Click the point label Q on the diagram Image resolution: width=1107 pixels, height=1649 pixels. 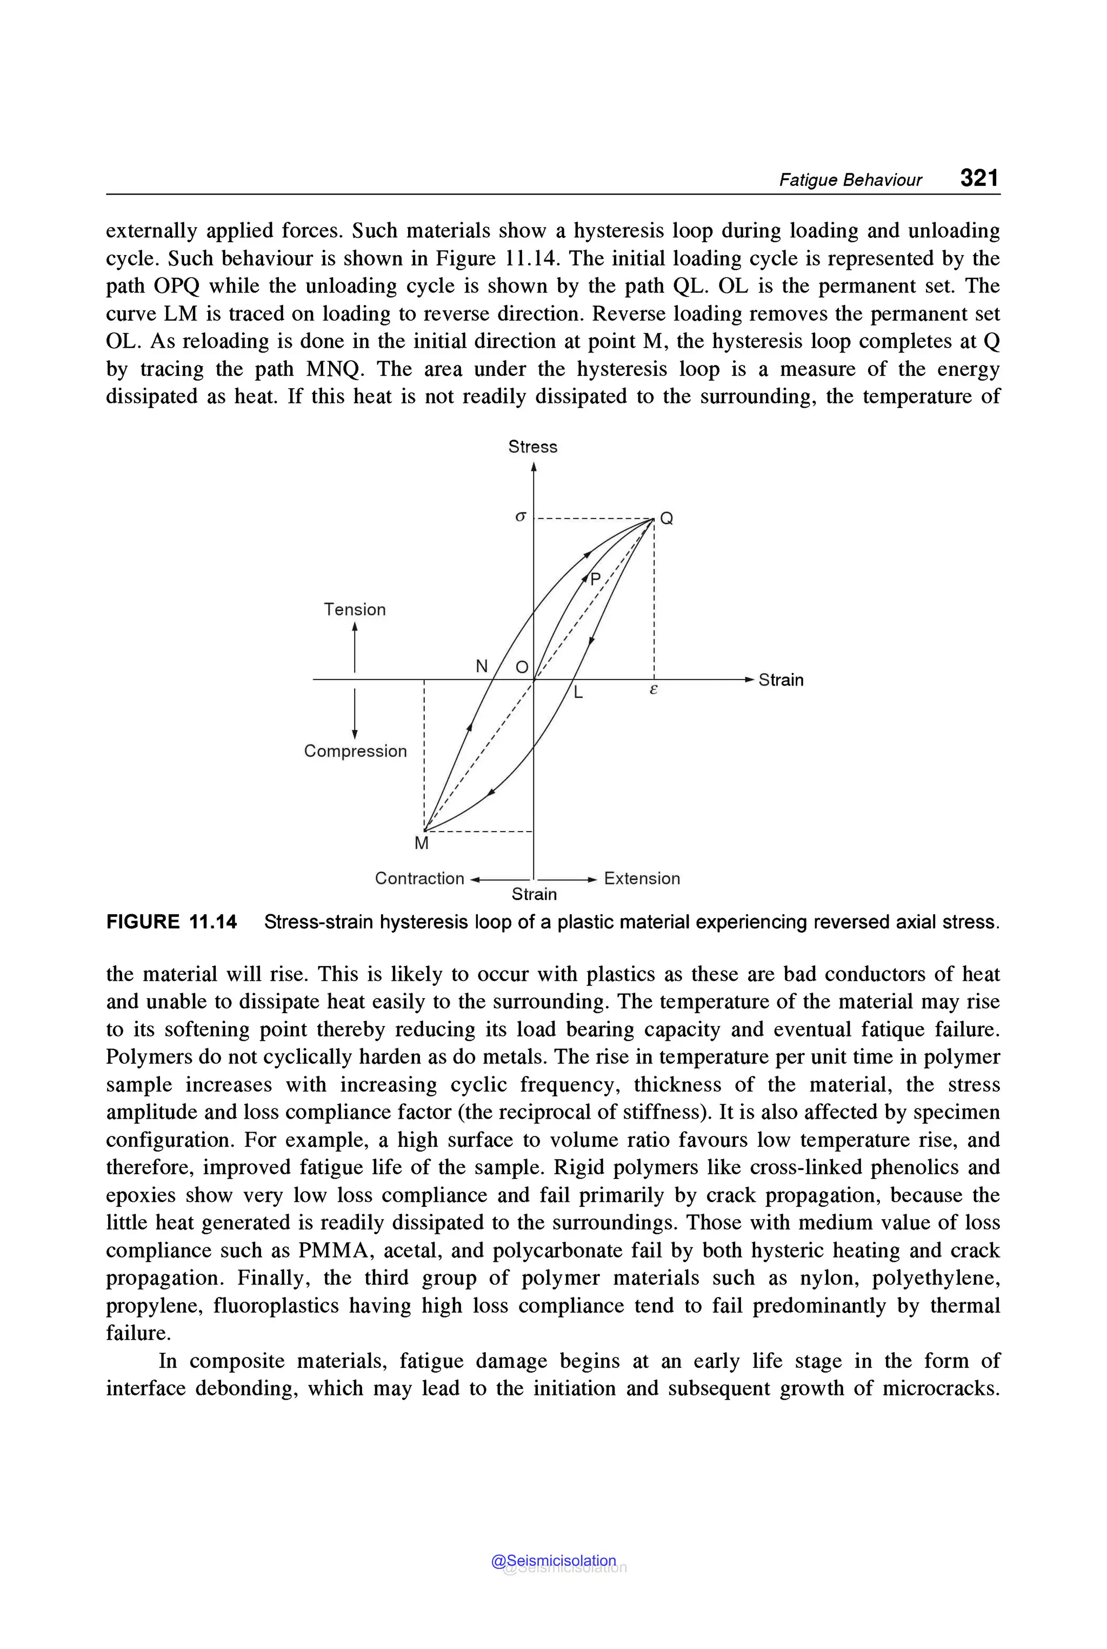click(666, 519)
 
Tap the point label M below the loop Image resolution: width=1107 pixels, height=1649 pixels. click(422, 843)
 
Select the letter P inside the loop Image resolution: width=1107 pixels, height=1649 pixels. click(595, 580)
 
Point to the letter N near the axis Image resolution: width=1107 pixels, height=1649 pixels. click(482, 666)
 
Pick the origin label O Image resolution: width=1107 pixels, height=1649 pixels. click(522, 667)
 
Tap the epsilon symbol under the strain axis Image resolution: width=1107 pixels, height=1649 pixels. click(653, 689)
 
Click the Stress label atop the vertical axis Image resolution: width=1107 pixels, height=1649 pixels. click(532, 447)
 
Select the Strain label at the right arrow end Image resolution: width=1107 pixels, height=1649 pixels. click(781, 680)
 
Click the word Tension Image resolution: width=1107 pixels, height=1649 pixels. click(355, 609)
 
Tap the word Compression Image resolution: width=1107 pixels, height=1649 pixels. click(355, 751)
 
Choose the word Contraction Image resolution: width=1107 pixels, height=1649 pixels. click(419, 879)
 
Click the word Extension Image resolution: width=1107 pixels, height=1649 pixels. click(642, 879)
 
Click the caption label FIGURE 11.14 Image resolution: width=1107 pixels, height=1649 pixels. click(171, 922)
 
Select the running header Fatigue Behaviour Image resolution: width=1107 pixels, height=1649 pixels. click(850, 180)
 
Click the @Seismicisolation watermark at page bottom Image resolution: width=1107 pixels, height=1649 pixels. click(553, 1561)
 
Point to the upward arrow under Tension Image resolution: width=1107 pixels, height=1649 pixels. click(355, 646)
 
